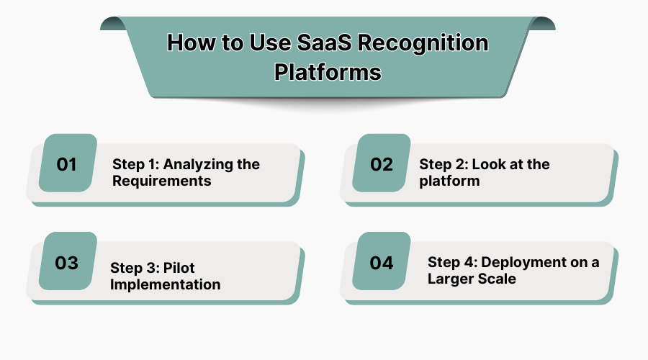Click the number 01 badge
pos(67,164)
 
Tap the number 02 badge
pos(382,164)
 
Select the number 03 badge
pos(67,263)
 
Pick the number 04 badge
pos(382,263)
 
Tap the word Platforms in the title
pos(328,73)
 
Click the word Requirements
pos(162,181)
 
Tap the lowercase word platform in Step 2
pos(449,181)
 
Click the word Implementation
pos(166,284)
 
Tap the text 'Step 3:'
pos(134,268)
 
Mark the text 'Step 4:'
pos(451,262)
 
